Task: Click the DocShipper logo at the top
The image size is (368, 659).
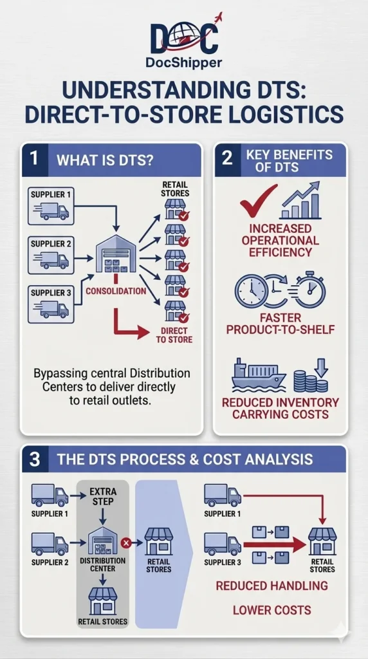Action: (x=183, y=41)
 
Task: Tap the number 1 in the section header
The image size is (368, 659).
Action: (x=35, y=160)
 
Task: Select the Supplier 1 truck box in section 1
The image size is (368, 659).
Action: (x=51, y=206)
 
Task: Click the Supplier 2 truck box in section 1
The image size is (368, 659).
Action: (x=51, y=255)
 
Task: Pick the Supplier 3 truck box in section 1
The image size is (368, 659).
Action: (x=51, y=304)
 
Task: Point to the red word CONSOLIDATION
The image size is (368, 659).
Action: (x=116, y=290)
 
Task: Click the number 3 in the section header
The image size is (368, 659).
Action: (x=35, y=459)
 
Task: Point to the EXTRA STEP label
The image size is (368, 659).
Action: (x=103, y=496)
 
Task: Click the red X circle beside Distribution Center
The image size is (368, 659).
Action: (x=125, y=543)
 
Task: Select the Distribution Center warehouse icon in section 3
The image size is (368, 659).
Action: (x=103, y=540)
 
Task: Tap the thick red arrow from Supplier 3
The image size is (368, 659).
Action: (x=274, y=545)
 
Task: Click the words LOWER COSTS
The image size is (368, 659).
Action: (x=272, y=610)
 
